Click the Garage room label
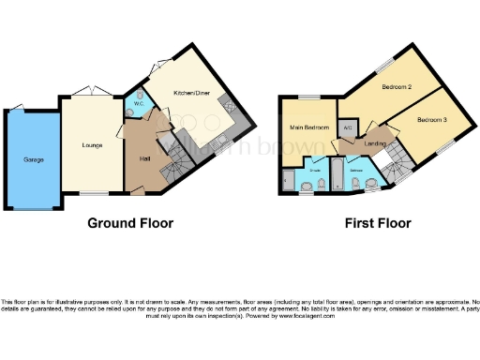(33, 159)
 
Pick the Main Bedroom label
(308, 127)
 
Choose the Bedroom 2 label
(397, 87)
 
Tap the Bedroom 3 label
(432, 119)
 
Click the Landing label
(375, 142)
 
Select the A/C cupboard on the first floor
(348, 126)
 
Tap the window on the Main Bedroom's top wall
(309, 97)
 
